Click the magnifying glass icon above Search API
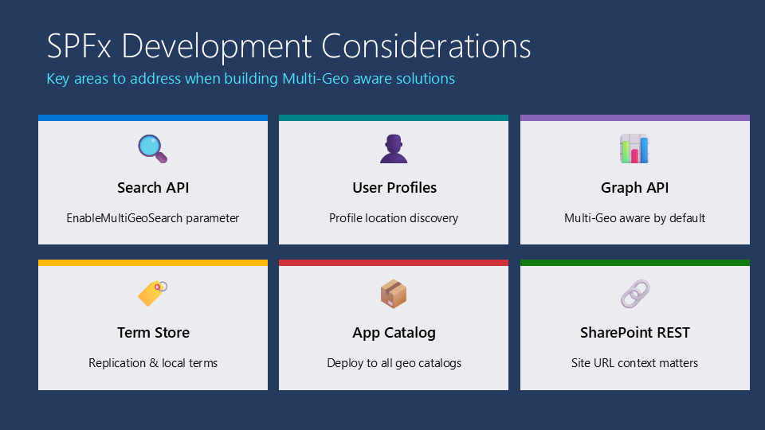coord(153,149)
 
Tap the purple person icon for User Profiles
coord(394,149)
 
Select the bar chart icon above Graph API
coord(635,149)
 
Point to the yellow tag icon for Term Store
coord(153,294)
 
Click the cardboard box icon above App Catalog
coord(394,294)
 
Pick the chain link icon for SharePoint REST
coord(635,294)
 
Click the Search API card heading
coord(153,188)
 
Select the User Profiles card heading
coord(394,188)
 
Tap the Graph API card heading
coord(635,188)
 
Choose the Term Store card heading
coord(153,333)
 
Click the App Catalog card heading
coord(394,333)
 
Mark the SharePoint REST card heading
coord(635,333)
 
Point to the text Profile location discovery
coord(394,218)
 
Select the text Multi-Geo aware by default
coord(635,218)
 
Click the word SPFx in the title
coord(79,46)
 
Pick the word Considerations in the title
coord(426,46)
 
